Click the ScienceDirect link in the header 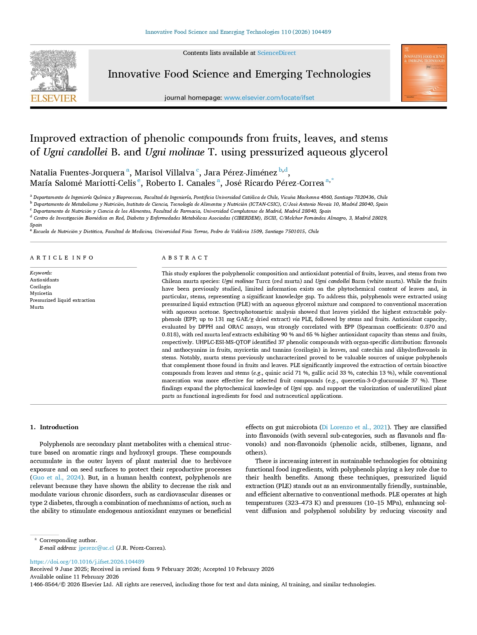[276, 53]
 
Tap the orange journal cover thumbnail [424, 73]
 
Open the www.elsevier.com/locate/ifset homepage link [269, 98]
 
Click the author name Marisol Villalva [165, 173]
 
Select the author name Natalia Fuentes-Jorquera [77, 173]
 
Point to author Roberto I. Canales [180, 183]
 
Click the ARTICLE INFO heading [62, 258]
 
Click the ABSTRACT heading [185, 258]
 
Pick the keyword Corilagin [40, 287]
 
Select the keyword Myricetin [41, 293]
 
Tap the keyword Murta [37, 307]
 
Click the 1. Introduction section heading [54, 427]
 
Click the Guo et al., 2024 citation [57, 478]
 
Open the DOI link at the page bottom [87, 562]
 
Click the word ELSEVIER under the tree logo [54, 98]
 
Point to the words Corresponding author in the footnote [68, 540]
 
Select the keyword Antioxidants [44, 280]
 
